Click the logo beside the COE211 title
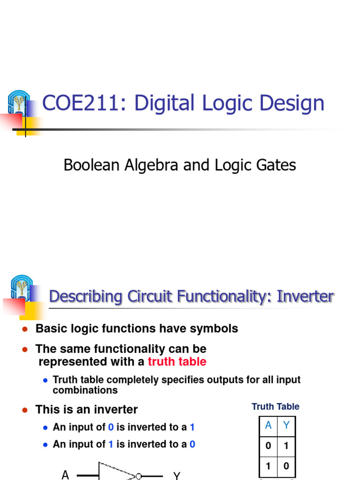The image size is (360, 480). click(19, 103)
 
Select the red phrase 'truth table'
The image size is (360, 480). click(177, 362)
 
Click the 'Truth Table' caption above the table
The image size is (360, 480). click(275, 407)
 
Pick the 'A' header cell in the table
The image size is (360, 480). click(268, 426)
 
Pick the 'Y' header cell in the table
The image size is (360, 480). click(286, 426)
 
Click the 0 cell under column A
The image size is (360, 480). click(268, 446)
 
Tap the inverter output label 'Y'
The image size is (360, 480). click(177, 476)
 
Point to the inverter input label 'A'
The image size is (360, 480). click(65, 475)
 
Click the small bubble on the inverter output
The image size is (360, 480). click(139, 477)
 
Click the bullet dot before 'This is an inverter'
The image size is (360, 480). click(25, 410)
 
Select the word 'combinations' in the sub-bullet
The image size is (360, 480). click(85, 390)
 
